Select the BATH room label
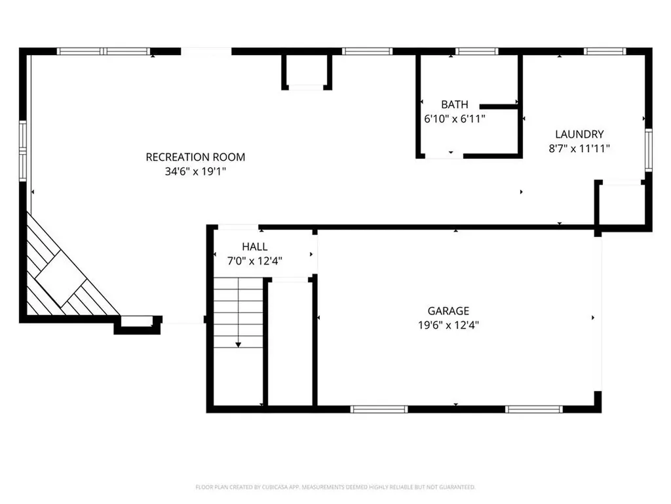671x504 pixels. point(454,104)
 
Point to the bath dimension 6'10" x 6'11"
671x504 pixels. point(454,119)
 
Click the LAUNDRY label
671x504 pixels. point(579,134)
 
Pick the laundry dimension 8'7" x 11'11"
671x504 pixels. point(579,148)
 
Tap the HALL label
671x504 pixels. point(254,247)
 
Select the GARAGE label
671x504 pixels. point(448,310)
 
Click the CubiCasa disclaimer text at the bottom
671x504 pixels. point(335,487)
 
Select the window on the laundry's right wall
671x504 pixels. point(648,150)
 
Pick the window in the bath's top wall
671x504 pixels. point(476,51)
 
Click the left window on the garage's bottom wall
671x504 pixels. point(379,409)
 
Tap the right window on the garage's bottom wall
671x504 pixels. point(533,409)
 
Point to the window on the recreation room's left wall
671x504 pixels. point(22,151)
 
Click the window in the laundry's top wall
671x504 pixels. point(605,51)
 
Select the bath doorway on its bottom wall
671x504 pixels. point(444,156)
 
